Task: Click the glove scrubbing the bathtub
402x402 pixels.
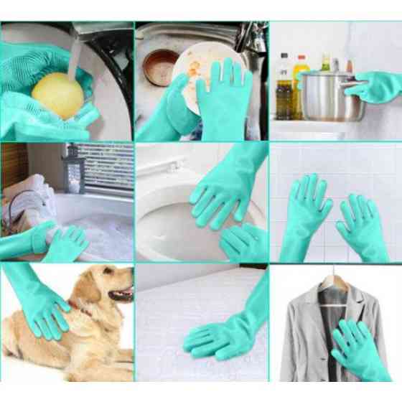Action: pos(61,241)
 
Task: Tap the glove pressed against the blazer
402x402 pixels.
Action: pos(355,352)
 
